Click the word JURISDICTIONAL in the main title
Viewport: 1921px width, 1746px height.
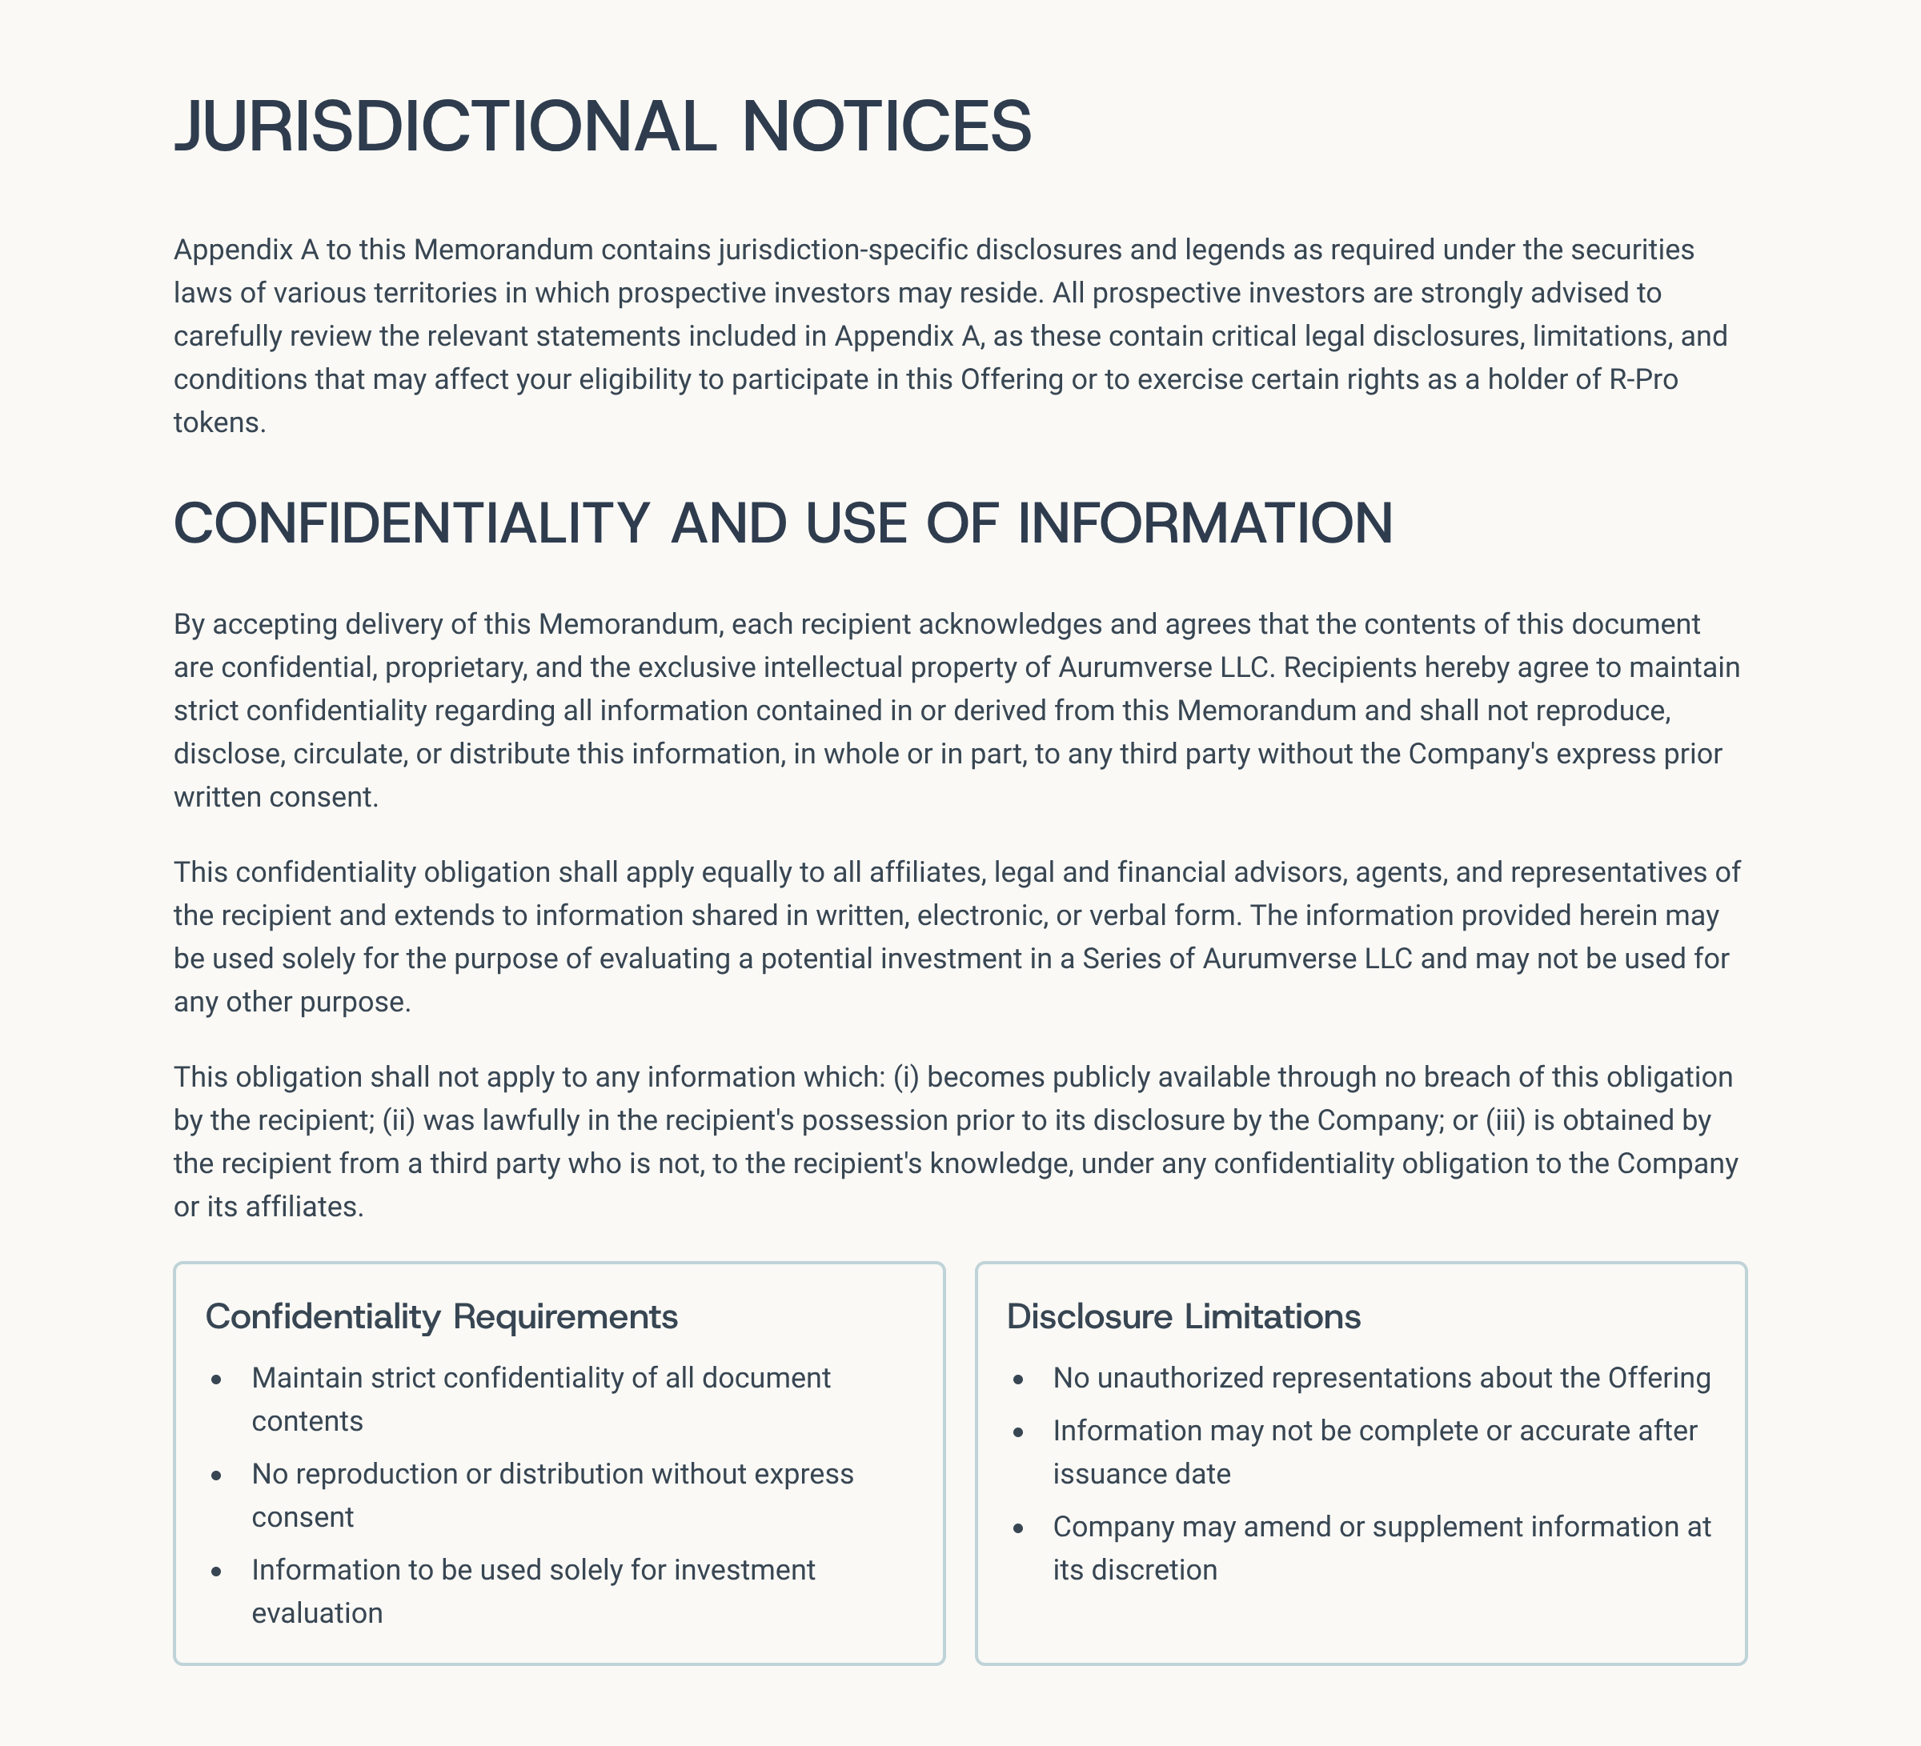tap(444, 126)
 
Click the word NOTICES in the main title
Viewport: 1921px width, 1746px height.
tap(886, 126)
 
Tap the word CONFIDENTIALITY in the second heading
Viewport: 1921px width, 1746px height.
tap(411, 523)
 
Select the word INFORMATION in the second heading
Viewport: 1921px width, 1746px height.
tap(1205, 523)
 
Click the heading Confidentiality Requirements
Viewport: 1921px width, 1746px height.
tap(441, 1316)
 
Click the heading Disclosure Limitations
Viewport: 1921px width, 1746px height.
tap(1184, 1316)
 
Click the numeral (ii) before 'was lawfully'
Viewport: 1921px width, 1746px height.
tap(399, 1120)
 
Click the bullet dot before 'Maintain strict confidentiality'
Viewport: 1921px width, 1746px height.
tap(217, 1380)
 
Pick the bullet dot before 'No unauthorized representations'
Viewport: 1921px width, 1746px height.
tap(1019, 1380)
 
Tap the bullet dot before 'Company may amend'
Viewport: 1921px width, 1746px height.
tap(1019, 1528)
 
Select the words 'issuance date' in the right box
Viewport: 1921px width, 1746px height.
tap(1141, 1475)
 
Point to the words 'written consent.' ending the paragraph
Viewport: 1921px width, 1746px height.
tap(275, 797)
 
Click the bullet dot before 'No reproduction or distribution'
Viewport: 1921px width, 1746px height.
tap(217, 1476)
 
